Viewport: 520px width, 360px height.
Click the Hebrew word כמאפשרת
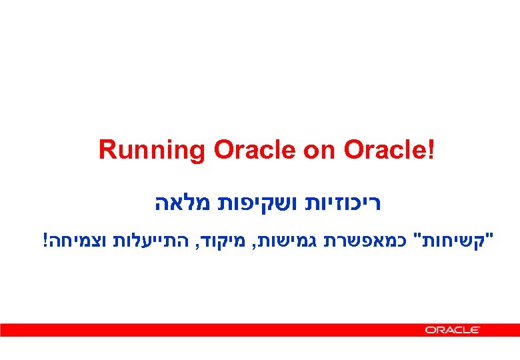[x=371, y=239]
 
